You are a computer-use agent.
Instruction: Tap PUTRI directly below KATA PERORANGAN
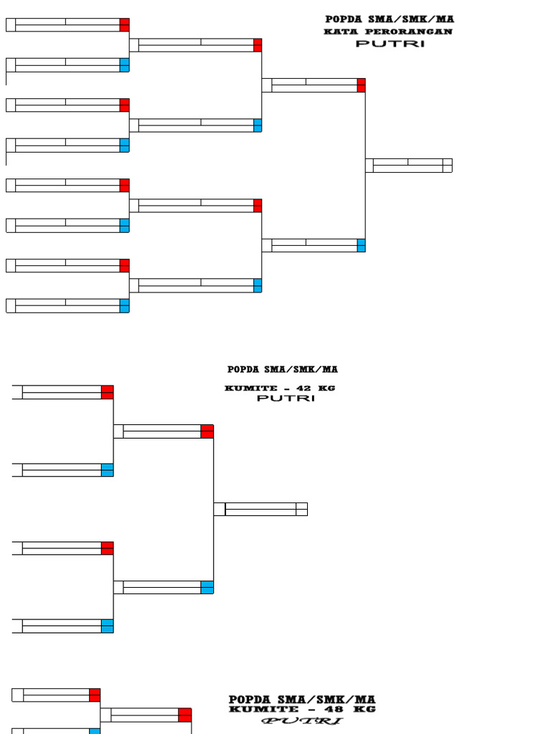(x=390, y=44)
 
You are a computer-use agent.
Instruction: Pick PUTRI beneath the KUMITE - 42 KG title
(x=286, y=399)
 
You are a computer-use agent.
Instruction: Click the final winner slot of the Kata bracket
(x=408, y=166)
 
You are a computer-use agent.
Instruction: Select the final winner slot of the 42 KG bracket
(x=260, y=509)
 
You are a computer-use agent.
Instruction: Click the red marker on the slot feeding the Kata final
(x=361, y=85)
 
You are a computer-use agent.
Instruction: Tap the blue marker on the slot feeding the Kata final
(x=361, y=246)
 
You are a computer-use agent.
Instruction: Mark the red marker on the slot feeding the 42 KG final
(x=207, y=432)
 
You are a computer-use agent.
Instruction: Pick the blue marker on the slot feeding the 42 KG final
(x=207, y=588)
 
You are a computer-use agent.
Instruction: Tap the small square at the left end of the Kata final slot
(x=369, y=166)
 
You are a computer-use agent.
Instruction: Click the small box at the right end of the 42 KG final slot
(x=302, y=509)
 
